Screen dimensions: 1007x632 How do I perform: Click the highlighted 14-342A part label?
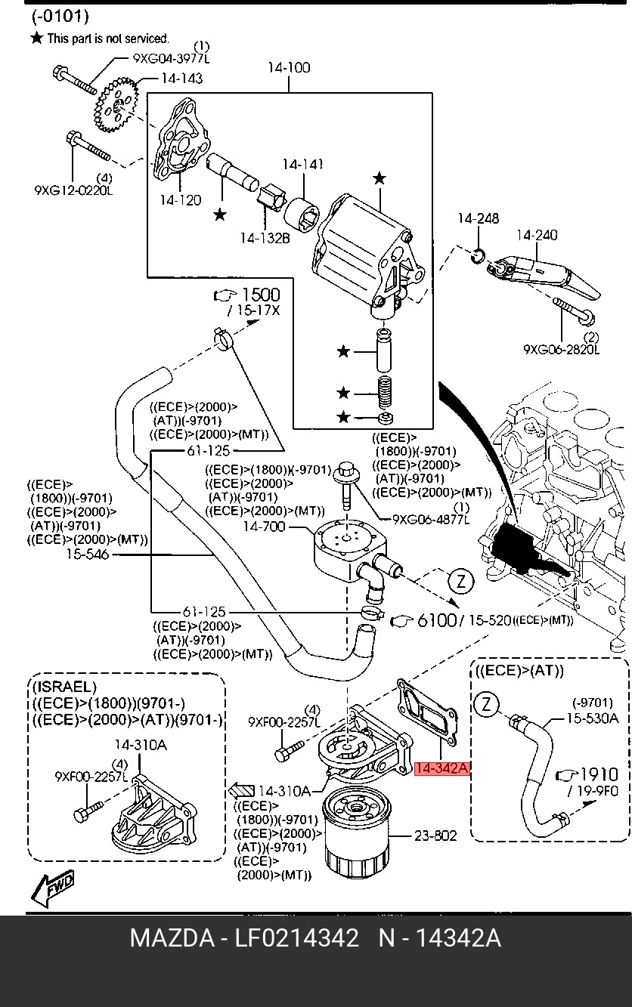tap(442, 769)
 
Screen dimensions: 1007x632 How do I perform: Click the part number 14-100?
tap(288, 68)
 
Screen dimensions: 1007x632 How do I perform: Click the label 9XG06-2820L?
tap(561, 350)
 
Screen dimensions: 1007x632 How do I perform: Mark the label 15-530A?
tap(593, 718)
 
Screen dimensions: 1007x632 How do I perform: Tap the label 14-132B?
tap(265, 238)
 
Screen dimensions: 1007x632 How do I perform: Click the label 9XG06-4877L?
tap(431, 519)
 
